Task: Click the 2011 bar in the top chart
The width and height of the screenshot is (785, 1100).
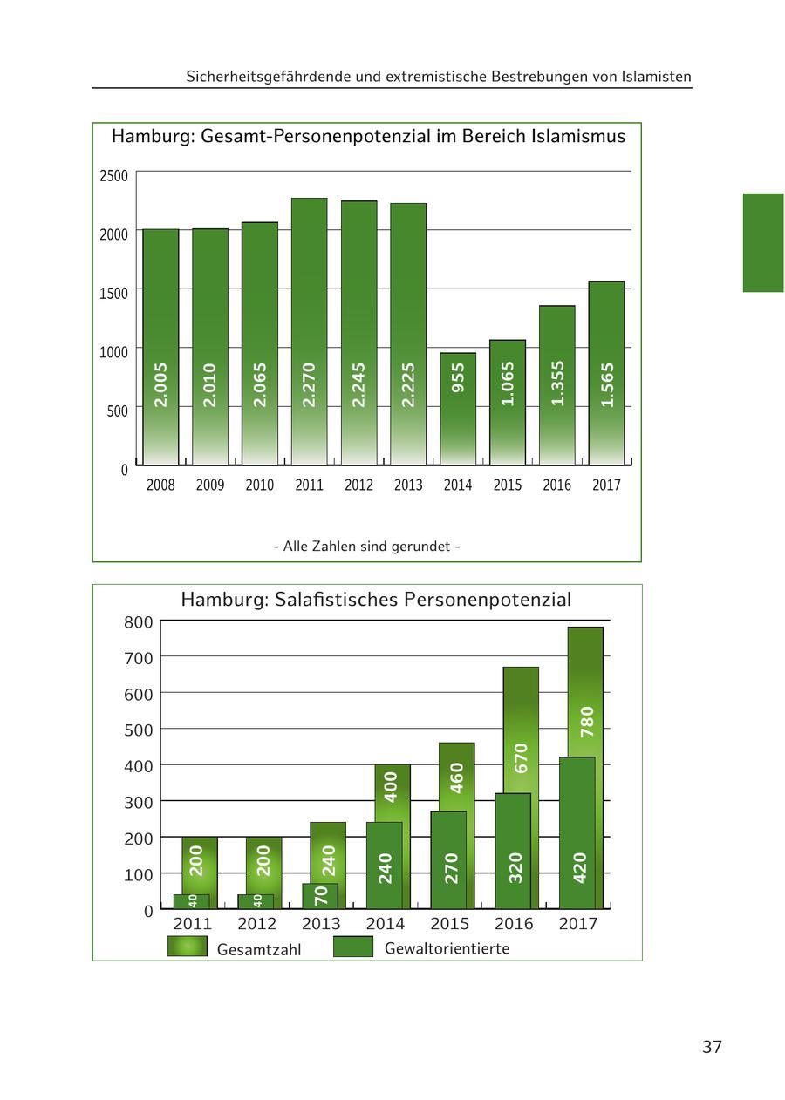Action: tap(310, 331)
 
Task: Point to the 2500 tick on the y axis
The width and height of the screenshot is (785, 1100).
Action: tap(113, 176)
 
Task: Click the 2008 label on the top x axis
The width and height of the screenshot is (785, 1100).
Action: tap(160, 485)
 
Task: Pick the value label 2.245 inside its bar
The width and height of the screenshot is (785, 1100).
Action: tap(358, 384)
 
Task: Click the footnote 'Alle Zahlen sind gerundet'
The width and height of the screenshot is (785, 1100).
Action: tap(366, 547)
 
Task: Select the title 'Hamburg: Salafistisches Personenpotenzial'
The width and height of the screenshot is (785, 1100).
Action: tap(376, 600)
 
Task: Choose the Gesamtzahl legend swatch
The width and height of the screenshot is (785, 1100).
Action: tap(188, 947)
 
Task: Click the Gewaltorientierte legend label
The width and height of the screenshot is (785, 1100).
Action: tap(447, 948)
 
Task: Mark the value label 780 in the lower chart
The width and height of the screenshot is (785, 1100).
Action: tap(587, 721)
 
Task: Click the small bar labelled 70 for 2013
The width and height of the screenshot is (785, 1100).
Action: tap(320, 896)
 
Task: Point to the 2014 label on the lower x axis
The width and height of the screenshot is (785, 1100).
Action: tap(386, 924)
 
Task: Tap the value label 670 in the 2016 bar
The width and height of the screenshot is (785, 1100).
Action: tap(522, 757)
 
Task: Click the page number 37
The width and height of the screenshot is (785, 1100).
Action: tap(712, 1047)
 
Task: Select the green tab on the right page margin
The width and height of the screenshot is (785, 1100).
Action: tap(763, 242)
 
